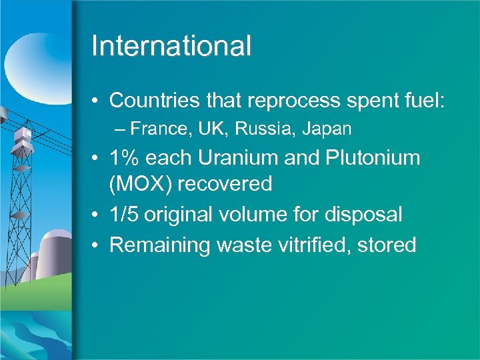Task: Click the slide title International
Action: [171, 46]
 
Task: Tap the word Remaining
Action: [158, 245]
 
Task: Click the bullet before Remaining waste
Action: [97, 245]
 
